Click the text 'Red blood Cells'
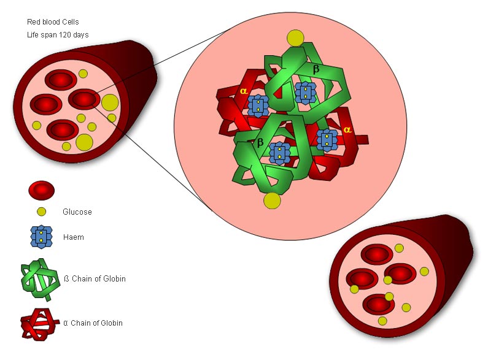pos(52,22)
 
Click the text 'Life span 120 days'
pos(58,34)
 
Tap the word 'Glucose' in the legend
pos(77,212)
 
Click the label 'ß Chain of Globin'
pos(95,279)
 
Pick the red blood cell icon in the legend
pos(41,190)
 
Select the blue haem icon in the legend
pos(41,237)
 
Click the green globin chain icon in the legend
pos(40,280)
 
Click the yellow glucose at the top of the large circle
pos(295,38)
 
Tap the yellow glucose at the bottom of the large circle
pos(272,200)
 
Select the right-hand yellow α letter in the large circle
pos(347,130)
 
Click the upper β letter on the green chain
pos(316,70)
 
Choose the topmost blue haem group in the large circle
pos(305,93)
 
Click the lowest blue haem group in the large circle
pos(279,153)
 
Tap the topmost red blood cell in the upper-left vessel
pos(60,80)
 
